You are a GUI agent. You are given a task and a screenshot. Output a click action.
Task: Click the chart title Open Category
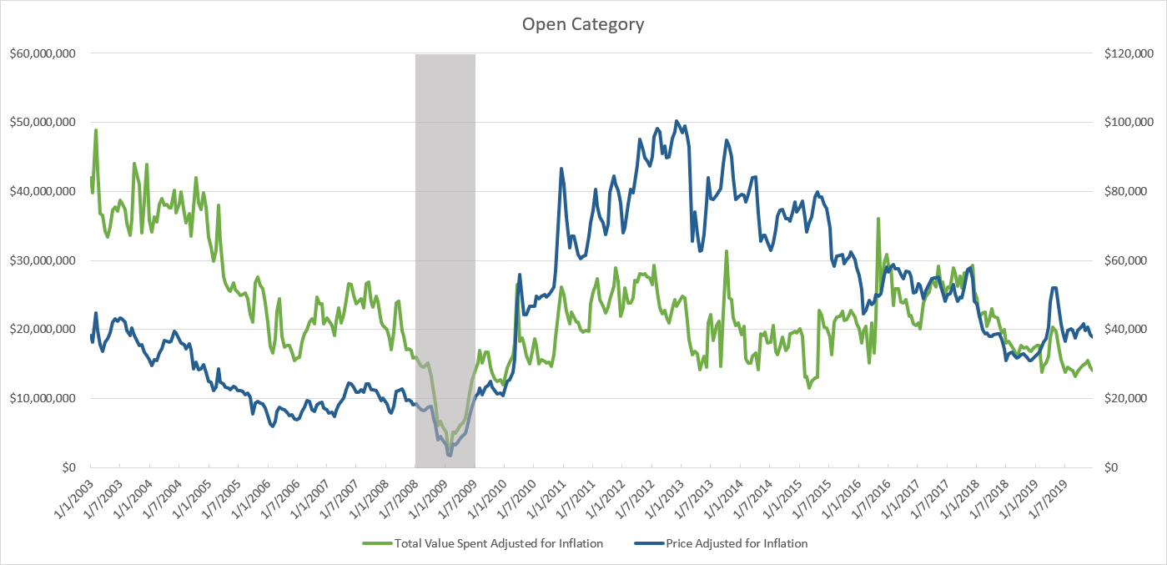pyautogui.click(x=583, y=23)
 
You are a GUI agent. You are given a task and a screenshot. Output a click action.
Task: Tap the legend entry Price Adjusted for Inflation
pyautogui.click(x=736, y=543)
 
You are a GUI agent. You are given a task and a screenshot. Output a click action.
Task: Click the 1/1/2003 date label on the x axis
pyautogui.click(x=73, y=497)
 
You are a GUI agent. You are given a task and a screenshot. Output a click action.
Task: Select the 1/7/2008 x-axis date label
pyautogui.click(x=400, y=497)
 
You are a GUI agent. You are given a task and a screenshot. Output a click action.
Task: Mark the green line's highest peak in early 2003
pyautogui.click(x=96, y=130)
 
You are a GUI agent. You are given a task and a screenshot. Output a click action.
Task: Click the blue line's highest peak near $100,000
pyautogui.click(x=677, y=121)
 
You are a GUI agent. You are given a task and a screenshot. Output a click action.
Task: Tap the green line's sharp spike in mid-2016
pyautogui.click(x=878, y=219)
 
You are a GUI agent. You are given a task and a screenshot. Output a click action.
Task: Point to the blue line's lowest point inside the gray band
pyautogui.click(x=450, y=455)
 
